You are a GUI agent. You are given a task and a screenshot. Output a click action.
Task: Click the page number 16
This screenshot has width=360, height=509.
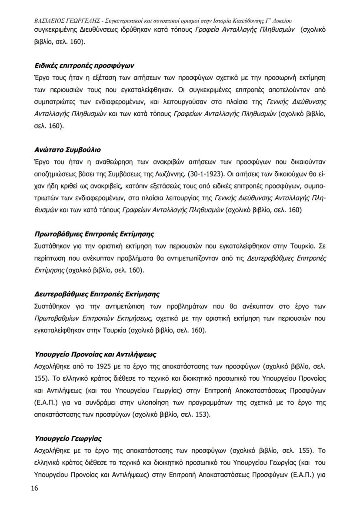(x=35, y=488)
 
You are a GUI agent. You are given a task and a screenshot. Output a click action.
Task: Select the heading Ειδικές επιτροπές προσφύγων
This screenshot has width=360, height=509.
(x=84, y=66)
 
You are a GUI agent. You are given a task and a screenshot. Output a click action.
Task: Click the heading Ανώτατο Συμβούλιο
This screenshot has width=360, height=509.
(x=67, y=150)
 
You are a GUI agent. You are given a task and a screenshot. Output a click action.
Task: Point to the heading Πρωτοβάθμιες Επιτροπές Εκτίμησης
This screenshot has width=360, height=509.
(x=94, y=234)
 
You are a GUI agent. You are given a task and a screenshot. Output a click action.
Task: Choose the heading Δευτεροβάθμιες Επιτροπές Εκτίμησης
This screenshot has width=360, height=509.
(x=97, y=294)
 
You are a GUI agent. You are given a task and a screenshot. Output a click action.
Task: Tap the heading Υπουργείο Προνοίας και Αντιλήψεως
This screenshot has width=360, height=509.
(x=95, y=354)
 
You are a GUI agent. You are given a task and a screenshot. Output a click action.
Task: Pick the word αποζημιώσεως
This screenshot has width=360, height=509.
(x=55, y=174)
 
